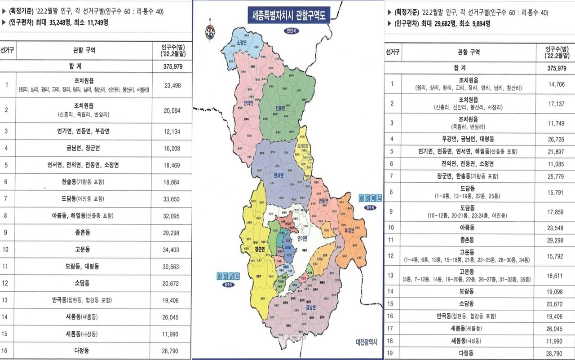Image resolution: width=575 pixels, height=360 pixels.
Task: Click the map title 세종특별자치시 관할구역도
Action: click(288, 17)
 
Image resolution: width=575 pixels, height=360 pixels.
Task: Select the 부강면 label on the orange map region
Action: click(349, 230)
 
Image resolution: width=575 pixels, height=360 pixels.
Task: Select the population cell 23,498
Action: click(173, 85)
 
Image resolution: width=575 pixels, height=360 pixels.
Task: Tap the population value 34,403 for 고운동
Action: click(173, 250)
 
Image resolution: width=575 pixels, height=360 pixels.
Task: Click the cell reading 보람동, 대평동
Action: click(82, 266)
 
